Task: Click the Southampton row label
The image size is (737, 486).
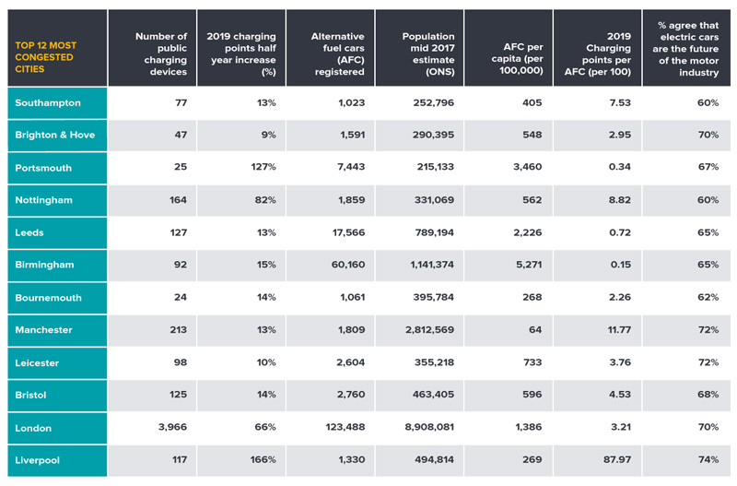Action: point(48,102)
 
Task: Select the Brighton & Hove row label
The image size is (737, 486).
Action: point(54,135)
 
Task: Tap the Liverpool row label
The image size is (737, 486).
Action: point(41,459)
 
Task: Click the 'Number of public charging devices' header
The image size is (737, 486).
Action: point(160,54)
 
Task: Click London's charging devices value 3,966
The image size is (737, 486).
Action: point(168,428)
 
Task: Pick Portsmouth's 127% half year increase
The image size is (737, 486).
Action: point(263,168)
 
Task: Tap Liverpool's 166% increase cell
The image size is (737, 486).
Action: point(263,459)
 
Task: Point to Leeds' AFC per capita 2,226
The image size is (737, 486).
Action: point(523,232)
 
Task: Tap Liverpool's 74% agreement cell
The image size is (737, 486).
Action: point(708,459)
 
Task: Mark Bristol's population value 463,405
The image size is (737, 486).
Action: point(432,395)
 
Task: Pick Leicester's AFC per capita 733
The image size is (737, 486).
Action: point(530,362)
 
